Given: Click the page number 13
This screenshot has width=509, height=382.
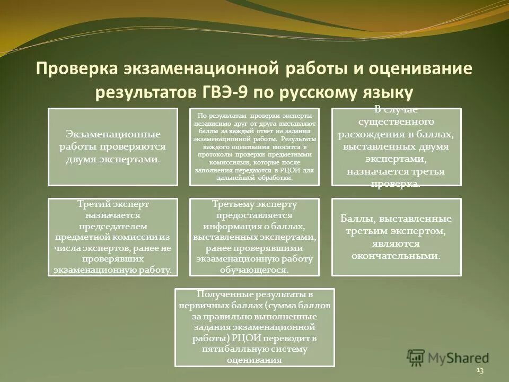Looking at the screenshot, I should coord(480,370).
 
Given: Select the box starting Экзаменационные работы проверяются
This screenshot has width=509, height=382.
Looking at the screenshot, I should coord(113,147).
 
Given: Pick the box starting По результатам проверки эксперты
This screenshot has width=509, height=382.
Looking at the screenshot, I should coord(254,147).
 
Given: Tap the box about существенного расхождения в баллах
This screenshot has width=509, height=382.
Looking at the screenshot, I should coord(397,147).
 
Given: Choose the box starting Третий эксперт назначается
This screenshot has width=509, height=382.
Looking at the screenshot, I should coord(113,237).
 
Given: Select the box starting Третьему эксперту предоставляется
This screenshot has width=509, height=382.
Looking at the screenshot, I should coord(254,237).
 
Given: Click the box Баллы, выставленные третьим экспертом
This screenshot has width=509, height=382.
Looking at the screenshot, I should coord(397,237).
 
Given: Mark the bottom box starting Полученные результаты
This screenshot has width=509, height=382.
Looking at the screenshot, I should coord(254,327).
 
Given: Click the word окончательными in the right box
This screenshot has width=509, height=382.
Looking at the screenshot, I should coord(396,256).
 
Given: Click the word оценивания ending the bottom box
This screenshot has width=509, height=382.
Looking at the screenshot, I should coord(254,359).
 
